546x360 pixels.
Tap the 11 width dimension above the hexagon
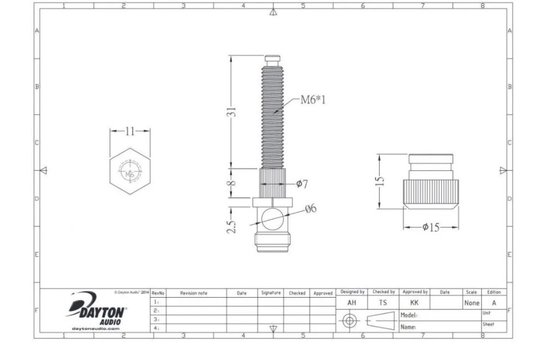129,131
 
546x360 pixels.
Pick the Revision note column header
194,293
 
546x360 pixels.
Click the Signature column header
270,293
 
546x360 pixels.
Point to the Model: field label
407,313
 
